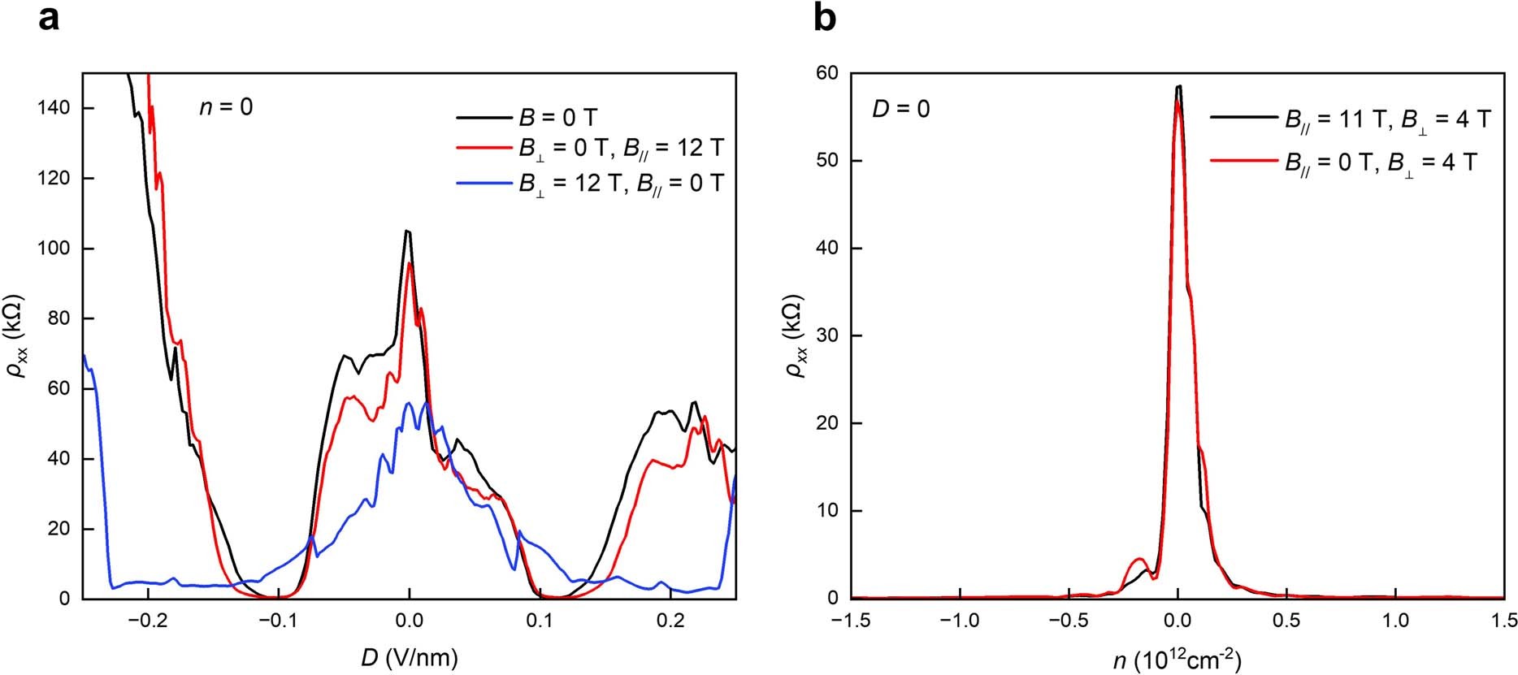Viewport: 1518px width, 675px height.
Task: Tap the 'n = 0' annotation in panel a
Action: [226, 106]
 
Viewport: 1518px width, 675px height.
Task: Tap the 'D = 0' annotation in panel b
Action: [900, 108]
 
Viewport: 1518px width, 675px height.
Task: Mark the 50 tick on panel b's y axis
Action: [830, 161]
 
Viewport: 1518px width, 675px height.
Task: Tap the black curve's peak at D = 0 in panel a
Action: [408, 231]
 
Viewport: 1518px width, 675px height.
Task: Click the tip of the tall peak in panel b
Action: [1178, 86]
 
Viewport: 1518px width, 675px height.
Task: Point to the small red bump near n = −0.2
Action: [1139, 559]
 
